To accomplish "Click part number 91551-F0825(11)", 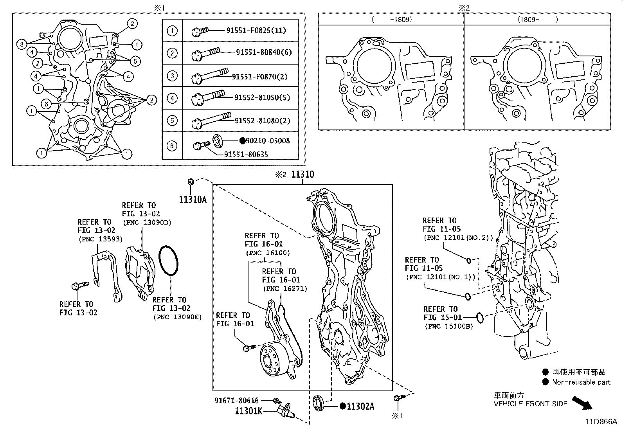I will pos(256,30).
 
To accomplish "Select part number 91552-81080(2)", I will pos(262,121).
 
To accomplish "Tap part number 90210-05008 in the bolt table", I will pos(268,140).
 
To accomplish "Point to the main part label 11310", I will pos(302,175).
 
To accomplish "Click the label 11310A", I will pos(193,200).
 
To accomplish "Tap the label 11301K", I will pos(248,411).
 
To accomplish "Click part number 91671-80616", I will pos(236,400).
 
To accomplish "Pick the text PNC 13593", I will pos(100,239).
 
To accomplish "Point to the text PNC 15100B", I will pos(448,326).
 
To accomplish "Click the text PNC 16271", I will pos(284,288).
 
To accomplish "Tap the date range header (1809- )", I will pos(537,19).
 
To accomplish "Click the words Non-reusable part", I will pos(581,382).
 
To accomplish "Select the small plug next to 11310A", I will pos(191,182).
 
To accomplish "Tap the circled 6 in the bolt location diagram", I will pos(46,104).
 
